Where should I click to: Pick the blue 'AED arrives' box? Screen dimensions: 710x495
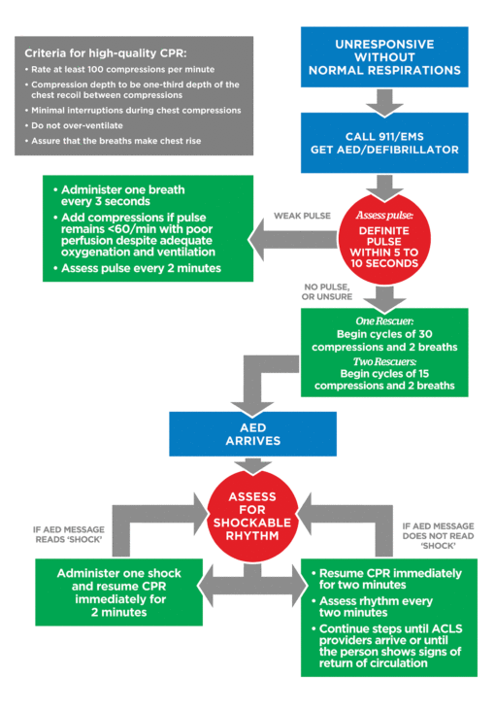point(247,432)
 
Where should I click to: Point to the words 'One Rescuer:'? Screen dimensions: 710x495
point(385,321)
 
